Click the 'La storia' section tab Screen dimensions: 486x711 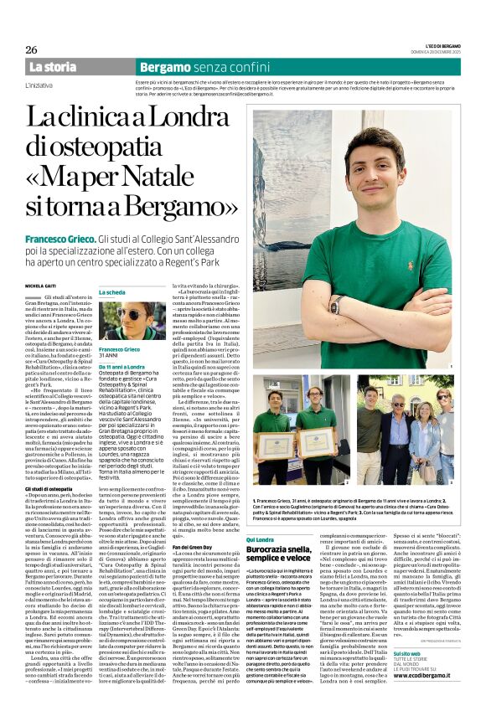[x=52, y=66]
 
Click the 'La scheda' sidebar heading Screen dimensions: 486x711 [x=112, y=291]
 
